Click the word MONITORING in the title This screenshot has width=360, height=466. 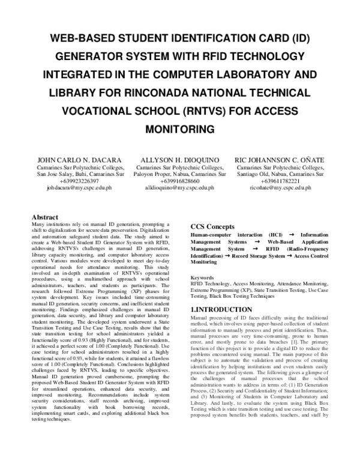(x=180, y=129)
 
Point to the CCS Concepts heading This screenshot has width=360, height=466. (x=213, y=225)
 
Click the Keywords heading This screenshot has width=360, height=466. (x=202, y=277)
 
